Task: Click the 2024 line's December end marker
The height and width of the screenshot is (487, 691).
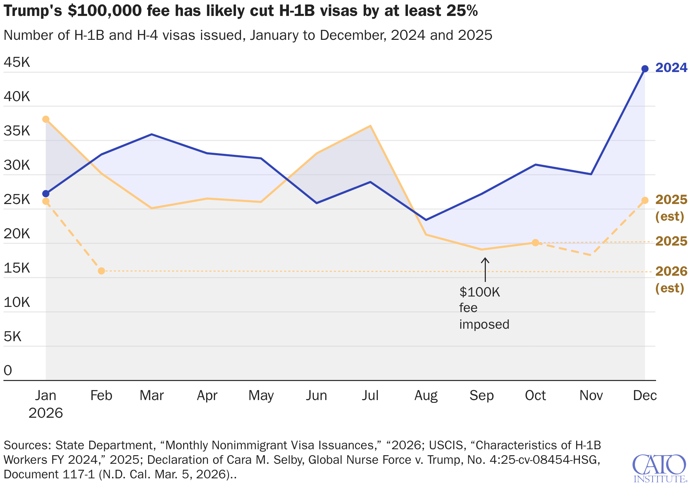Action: coord(645,69)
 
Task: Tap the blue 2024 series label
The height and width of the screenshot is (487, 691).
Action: coord(671,68)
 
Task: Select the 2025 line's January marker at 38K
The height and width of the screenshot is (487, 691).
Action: coord(46,119)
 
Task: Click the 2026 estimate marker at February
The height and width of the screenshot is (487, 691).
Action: coord(101,271)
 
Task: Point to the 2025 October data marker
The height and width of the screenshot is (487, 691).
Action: coord(535,242)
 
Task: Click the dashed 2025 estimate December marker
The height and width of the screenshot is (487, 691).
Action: coord(645,200)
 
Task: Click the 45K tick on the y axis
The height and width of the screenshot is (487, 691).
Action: coord(17,63)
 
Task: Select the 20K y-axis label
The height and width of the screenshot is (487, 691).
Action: coord(17,234)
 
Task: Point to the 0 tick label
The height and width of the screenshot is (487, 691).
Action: coord(8,370)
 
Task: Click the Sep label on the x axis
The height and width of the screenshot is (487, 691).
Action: coord(481,395)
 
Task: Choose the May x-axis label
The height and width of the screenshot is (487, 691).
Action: coord(261,395)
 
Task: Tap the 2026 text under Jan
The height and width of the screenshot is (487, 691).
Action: coord(46,413)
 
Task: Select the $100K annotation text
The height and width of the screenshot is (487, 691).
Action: coord(480,292)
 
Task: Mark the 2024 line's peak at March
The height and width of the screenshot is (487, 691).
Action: coord(152,134)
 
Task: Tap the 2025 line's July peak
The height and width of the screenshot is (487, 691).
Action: coord(370,126)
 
